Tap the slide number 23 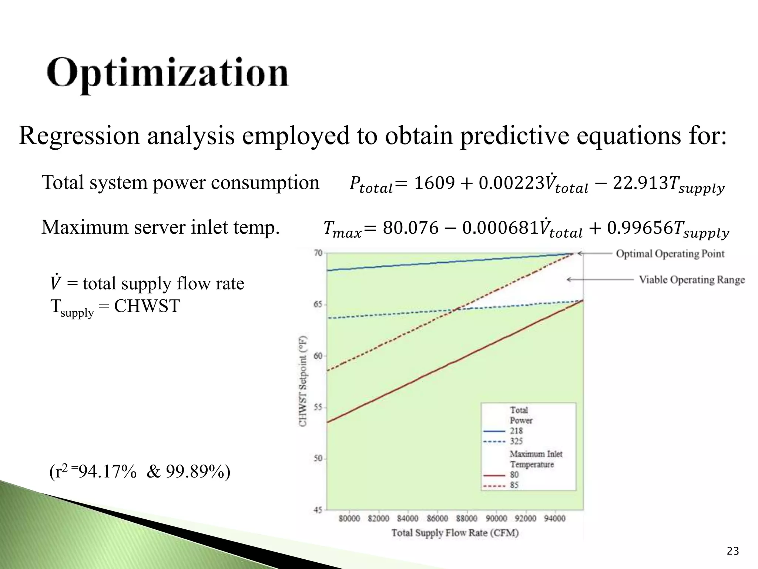coord(733,551)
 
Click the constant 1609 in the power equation coord(434,183)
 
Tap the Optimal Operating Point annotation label coord(670,254)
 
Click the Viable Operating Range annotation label coord(691,280)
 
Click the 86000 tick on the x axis coord(437,518)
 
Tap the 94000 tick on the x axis coord(554,518)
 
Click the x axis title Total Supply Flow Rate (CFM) coord(455,533)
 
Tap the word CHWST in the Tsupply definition coord(147,306)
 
